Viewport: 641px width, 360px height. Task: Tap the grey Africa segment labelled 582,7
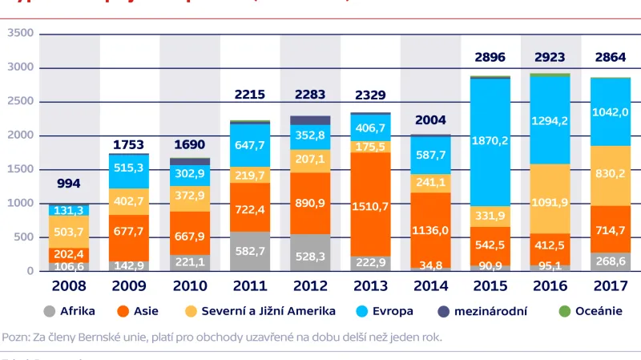249,251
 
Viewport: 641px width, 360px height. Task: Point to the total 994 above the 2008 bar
69,184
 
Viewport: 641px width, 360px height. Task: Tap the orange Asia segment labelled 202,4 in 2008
69,254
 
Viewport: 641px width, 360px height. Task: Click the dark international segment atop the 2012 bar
309,121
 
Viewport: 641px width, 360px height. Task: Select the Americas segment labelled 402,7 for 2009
129,201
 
